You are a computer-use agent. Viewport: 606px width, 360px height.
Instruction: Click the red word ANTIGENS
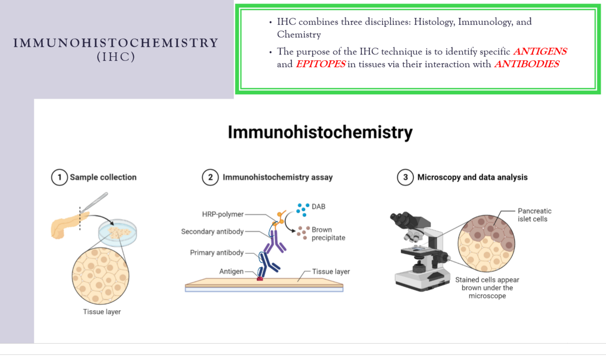click(x=540, y=52)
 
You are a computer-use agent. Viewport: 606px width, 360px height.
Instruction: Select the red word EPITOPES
click(x=320, y=64)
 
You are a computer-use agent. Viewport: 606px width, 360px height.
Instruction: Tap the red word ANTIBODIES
click(x=527, y=64)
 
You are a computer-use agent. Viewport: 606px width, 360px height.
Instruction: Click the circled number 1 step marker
click(x=59, y=177)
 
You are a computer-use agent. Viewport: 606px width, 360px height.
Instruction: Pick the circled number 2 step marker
click(x=210, y=177)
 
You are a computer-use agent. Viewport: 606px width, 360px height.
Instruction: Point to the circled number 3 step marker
click(x=405, y=177)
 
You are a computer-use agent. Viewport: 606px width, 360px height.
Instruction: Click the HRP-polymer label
click(x=223, y=214)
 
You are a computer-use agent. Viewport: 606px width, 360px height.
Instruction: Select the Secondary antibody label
click(x=212, y=232)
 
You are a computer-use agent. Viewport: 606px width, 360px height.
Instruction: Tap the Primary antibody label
click(x=217, y=252)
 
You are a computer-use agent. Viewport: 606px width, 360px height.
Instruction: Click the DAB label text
click(x=318, y=207)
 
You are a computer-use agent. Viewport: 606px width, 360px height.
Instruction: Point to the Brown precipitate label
click(x=328, y=234)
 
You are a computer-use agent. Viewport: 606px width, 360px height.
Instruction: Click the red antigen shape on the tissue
click(x=260, y=277)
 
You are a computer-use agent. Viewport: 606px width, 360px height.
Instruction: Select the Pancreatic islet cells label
click(x=534, y=215)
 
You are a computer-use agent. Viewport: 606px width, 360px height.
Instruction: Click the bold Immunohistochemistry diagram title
click(x=320, y=133)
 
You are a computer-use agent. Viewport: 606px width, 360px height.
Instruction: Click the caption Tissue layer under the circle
click(x=102, y=312)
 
